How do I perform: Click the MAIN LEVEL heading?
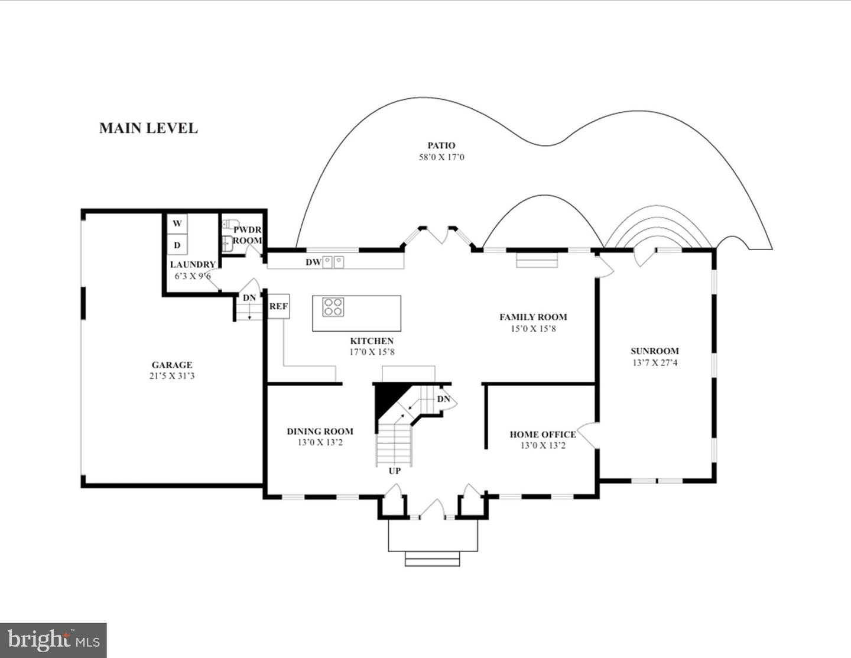(x=148, y=128)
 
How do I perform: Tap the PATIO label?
(x=441, y=145)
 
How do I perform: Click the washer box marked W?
(x=177, y=223)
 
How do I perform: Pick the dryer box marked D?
(x=177, y=245)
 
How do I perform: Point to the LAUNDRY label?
(x=193, y=265)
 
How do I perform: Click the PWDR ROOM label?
(x=247, y=235)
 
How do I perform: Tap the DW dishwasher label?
(x=313, y=262)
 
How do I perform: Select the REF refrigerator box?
(x=279, y=307)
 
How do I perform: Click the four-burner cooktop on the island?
(x=333, y=307)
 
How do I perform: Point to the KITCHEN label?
(x=372, y=341)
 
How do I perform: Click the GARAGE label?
(x=172, y=365)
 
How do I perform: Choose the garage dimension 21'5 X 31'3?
(x=172, y=376)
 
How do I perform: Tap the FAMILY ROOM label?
(x=533, y=317)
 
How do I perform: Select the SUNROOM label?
(x=654, y=351)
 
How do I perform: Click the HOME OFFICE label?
(x=543, y=435)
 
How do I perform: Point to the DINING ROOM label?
(x=320, y=432)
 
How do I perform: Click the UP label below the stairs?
(x=394, y=471)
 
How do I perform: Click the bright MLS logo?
(x=53, y=640)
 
